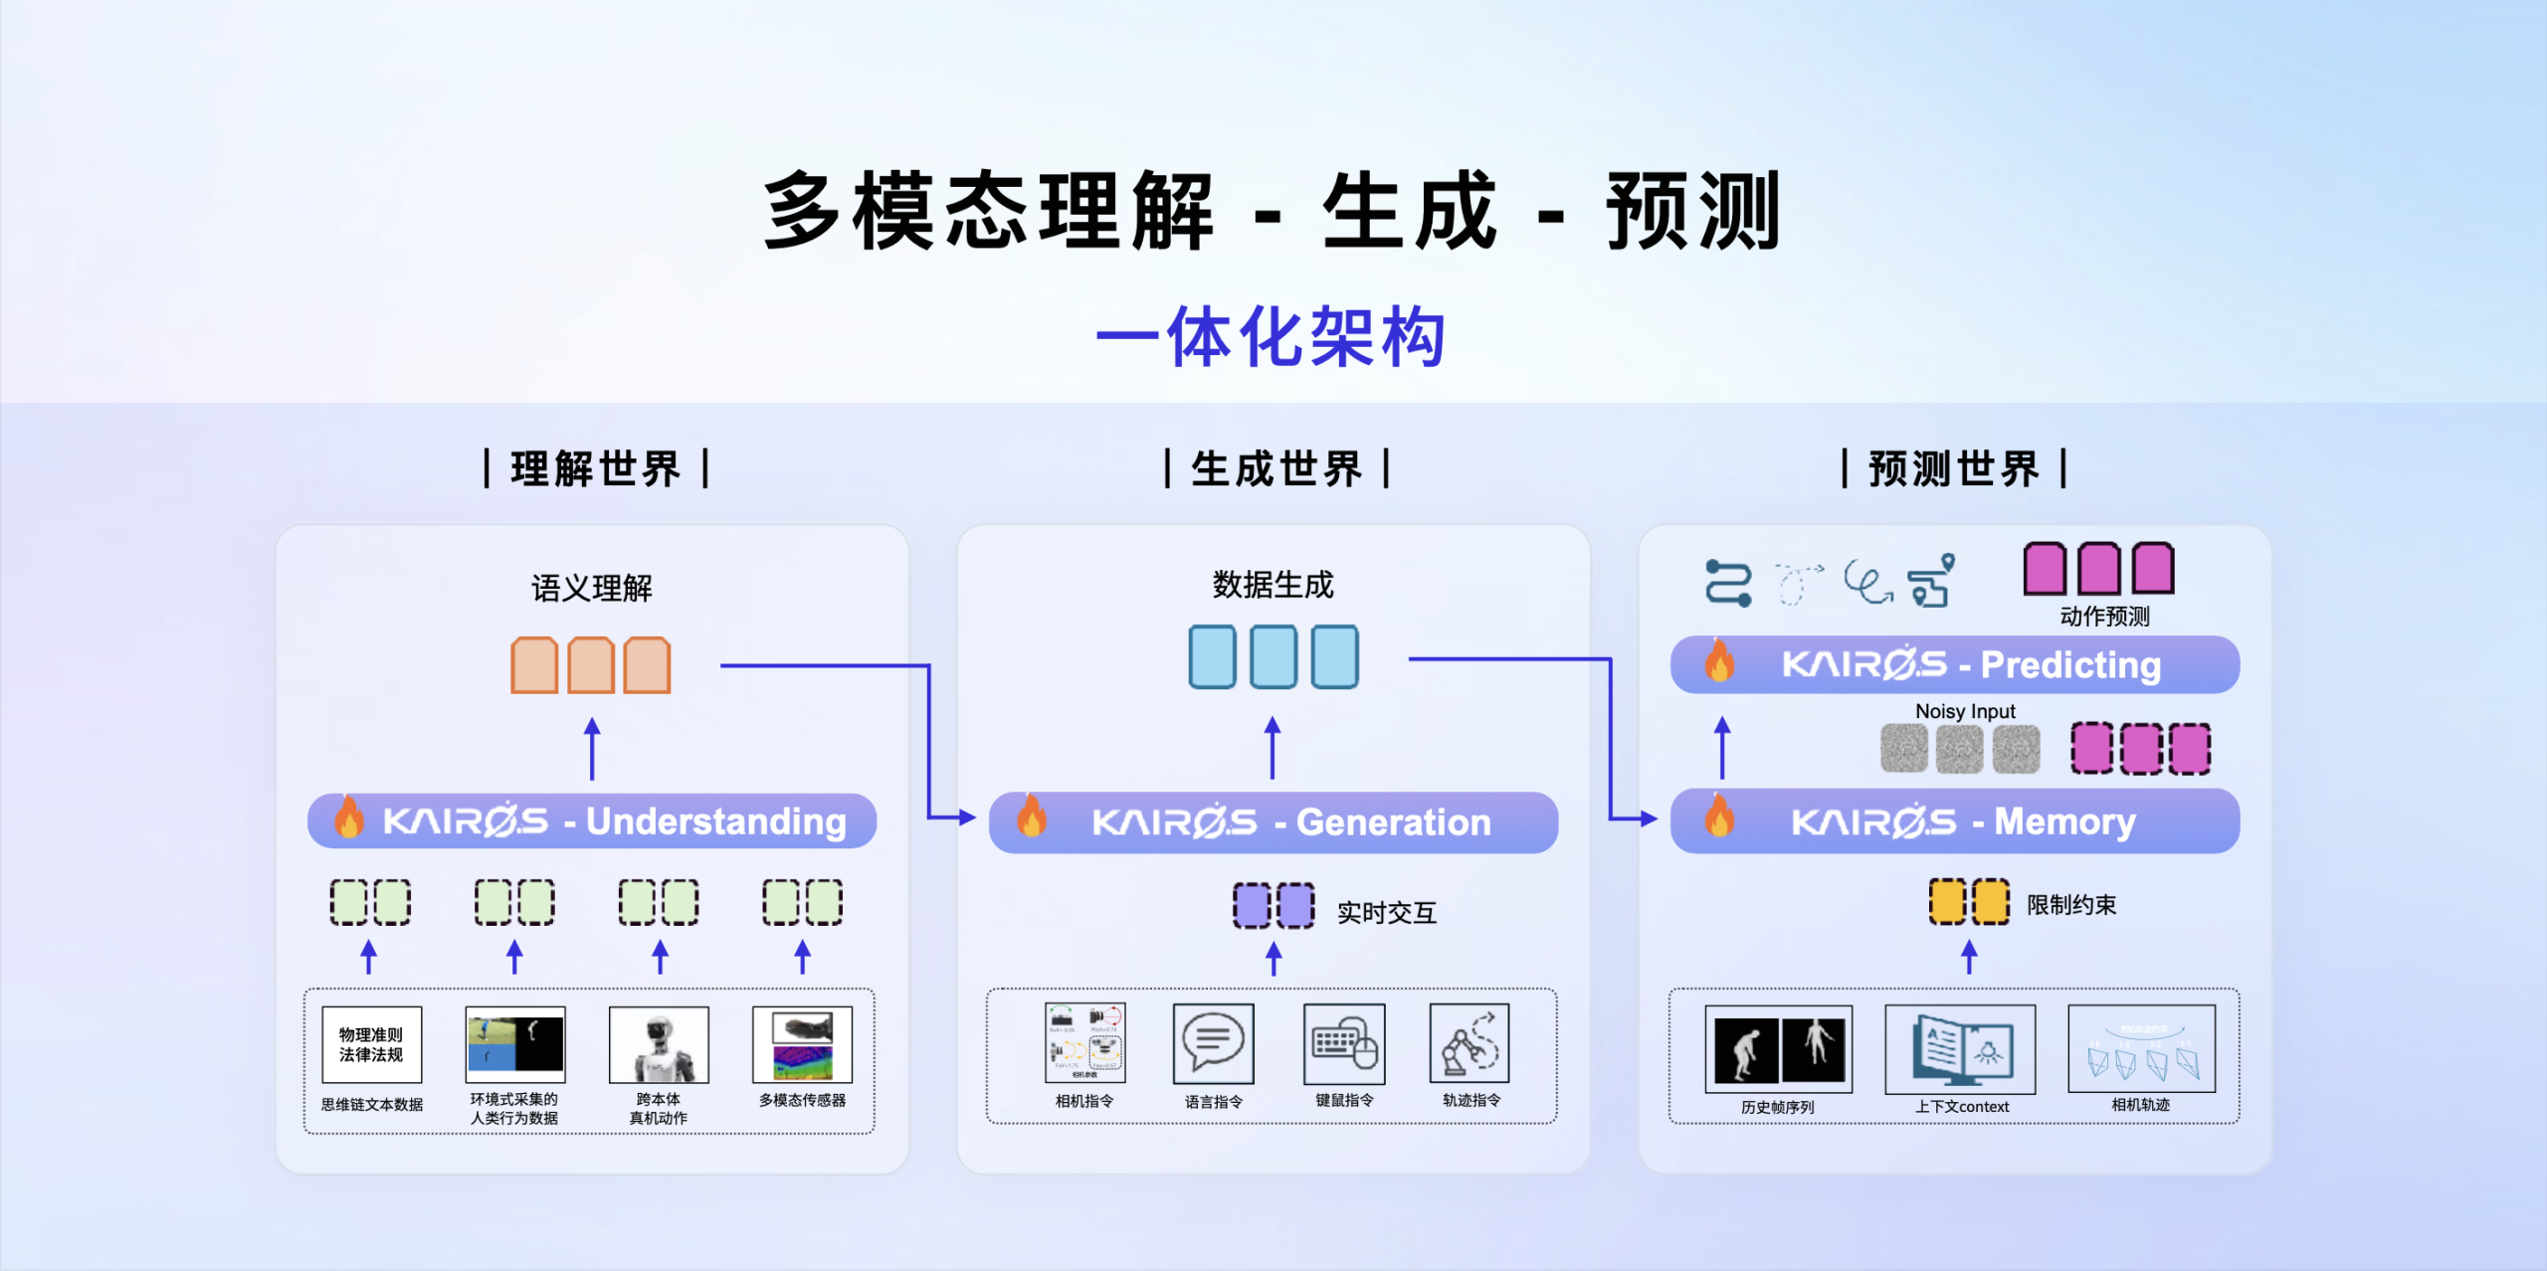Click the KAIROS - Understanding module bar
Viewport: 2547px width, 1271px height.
592,821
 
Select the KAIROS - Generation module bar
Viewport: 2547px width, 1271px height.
1273,822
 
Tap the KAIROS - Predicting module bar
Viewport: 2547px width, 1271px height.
1954,664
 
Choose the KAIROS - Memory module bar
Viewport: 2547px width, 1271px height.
1954,821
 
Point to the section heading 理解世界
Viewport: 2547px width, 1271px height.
595,468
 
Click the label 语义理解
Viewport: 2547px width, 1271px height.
592,588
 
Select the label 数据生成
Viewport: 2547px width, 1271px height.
1273,585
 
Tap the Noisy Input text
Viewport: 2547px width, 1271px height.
1964,711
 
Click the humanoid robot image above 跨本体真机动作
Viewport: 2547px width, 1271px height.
659,1044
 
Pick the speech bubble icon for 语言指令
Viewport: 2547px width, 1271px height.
1213,1043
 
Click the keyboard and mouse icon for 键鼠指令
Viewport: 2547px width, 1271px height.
1344,1043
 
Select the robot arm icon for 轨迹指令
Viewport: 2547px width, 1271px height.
1469,1043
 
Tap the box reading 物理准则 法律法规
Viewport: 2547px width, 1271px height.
371,1044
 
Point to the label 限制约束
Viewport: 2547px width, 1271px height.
2070,905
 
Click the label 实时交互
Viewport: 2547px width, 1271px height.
1386,912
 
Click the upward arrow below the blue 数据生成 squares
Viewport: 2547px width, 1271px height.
1273,748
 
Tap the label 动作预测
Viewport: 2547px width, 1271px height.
2103,617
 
